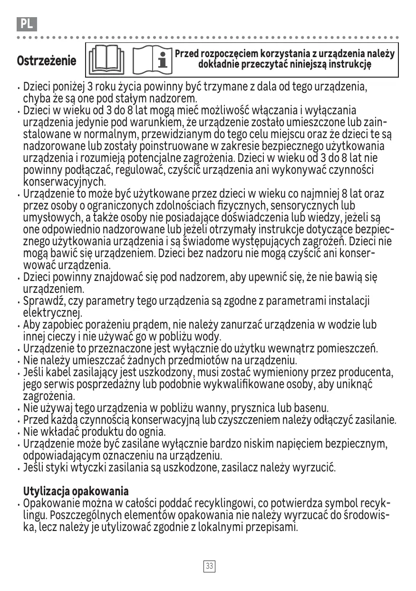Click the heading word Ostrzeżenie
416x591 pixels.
click(47, 61)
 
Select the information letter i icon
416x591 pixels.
click(164, 60)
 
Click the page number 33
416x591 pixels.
click(209, 566)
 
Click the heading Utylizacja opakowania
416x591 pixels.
click(76, 491)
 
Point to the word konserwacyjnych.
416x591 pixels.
click(65, 182)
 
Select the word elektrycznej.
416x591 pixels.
click(53, 313)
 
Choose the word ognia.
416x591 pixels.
click(151, 432)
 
